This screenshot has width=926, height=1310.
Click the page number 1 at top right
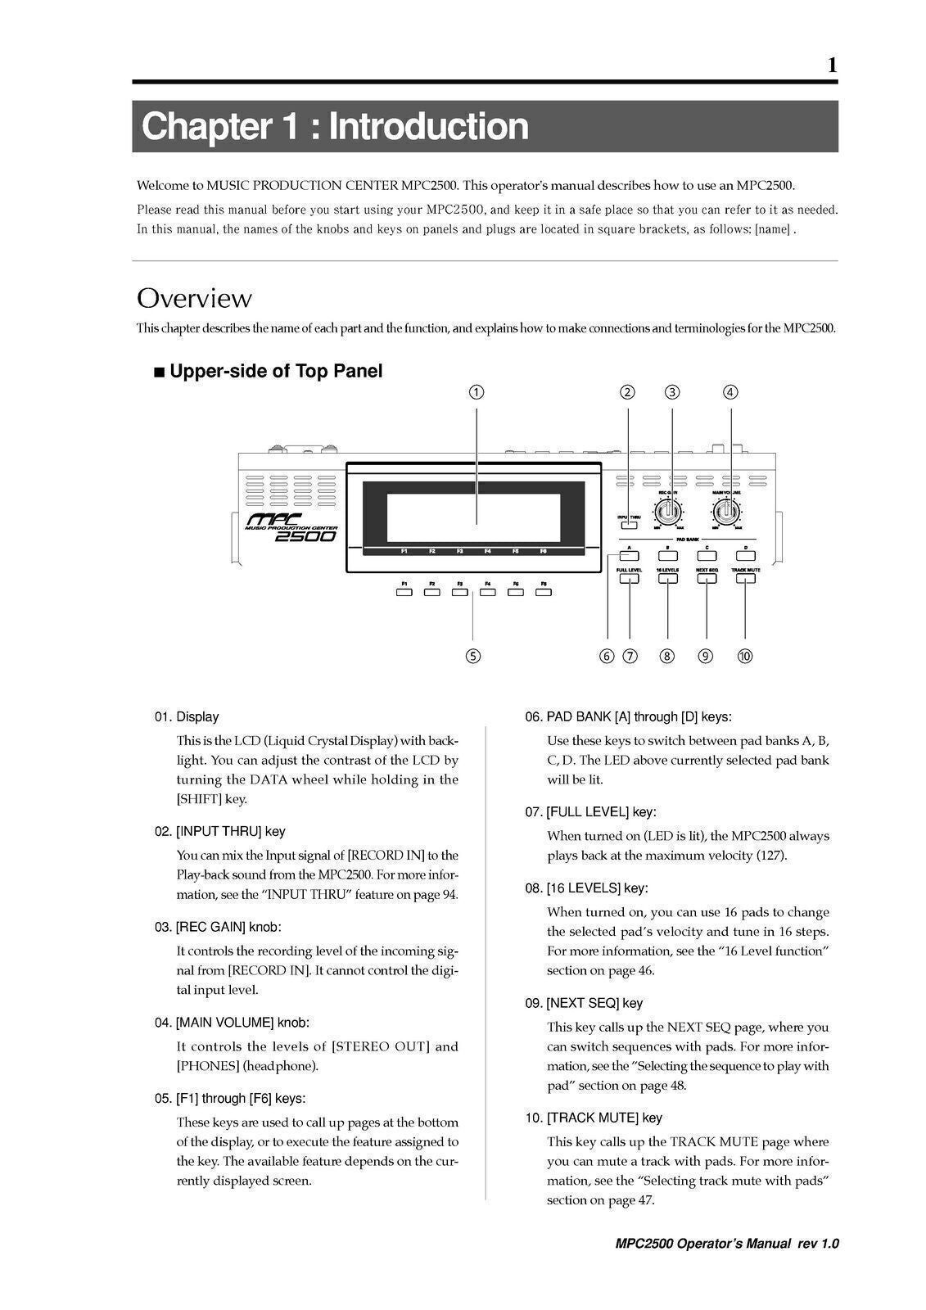832,65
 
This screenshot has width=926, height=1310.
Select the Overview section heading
194,298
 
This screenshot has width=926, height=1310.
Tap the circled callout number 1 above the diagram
477,392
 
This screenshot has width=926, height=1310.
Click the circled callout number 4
730,392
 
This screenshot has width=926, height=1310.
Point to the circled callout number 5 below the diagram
472,656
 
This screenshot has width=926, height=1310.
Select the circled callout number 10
745,656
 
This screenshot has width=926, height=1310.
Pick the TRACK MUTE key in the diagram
745,578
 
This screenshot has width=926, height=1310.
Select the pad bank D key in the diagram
745,556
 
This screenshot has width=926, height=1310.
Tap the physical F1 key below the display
404,592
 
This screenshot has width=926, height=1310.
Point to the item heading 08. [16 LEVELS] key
589,888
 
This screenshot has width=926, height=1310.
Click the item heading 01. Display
187,717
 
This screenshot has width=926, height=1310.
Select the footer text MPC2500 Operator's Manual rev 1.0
727,1244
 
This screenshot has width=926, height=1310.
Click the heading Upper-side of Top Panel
275,372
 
